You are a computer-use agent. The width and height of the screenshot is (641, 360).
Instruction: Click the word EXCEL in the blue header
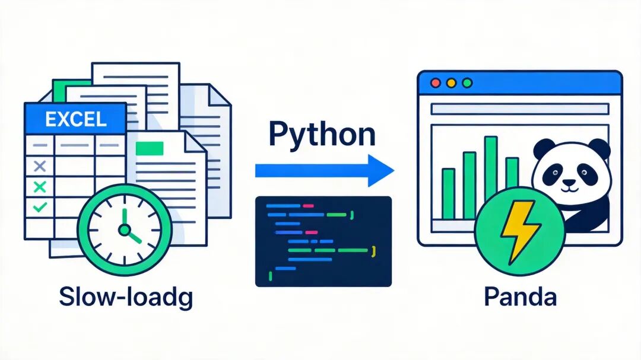click(75, 119)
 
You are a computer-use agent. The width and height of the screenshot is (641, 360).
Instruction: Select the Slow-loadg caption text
click(126, 298)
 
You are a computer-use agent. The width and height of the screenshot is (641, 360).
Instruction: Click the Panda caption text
click(520, 297)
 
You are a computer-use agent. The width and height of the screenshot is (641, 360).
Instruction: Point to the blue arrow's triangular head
click(380, 170)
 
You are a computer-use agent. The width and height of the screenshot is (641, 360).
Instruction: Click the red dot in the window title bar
click(436, 83)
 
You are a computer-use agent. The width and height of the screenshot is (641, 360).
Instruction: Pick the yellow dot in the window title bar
click(451, 83)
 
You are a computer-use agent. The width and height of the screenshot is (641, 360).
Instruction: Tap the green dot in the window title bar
click(467, 83)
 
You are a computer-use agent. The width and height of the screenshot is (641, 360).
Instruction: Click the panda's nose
click(569, 183)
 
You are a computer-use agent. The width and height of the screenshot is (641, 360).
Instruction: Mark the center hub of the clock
click(124, 230)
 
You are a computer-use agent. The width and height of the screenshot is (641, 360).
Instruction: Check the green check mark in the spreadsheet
click(40, 207)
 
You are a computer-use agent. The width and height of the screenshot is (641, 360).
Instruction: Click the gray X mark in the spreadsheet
click(40, 166)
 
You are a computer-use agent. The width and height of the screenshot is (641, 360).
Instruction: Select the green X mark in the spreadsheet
click(40, 187)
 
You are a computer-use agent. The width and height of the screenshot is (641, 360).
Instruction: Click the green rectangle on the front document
click(150, 148)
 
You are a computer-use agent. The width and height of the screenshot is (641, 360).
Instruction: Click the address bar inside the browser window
click(520, 109)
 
